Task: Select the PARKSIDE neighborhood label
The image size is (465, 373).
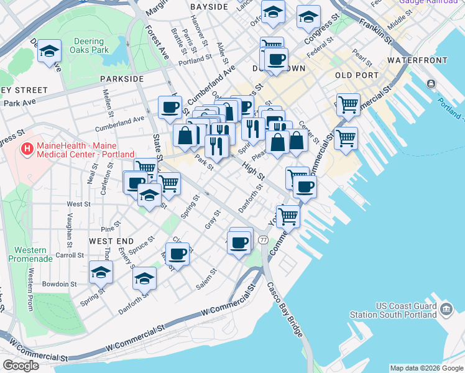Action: (x=121, y=79)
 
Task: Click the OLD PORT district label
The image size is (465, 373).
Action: (x=356, y=75)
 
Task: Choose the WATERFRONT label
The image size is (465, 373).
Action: (x=417, y=60)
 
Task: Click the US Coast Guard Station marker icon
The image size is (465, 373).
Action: (x=446, y=309)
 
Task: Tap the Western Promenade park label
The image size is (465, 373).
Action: (x=21, y=254)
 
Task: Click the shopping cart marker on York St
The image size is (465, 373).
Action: (x=288, y=216)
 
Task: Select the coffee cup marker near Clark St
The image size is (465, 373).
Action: (x=177, y=254)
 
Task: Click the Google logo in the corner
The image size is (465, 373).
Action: (x=21, y=366)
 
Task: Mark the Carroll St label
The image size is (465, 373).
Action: (x=69, y=255)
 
